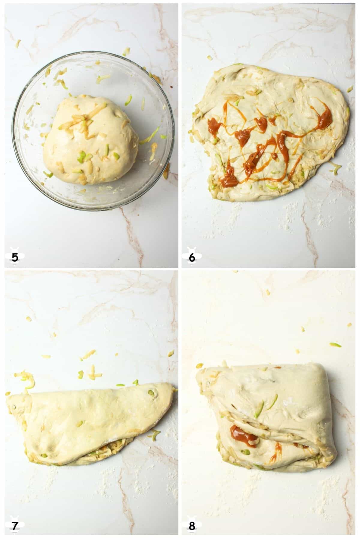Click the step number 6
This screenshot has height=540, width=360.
coord(192,257)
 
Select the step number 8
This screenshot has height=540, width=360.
coord(192,525)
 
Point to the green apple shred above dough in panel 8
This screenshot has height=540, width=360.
coord(335,344)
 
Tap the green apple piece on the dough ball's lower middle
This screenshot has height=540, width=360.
coord(82,155)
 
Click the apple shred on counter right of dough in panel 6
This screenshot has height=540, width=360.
coord(349,89)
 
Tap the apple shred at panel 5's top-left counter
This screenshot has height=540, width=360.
coord(18,43)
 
